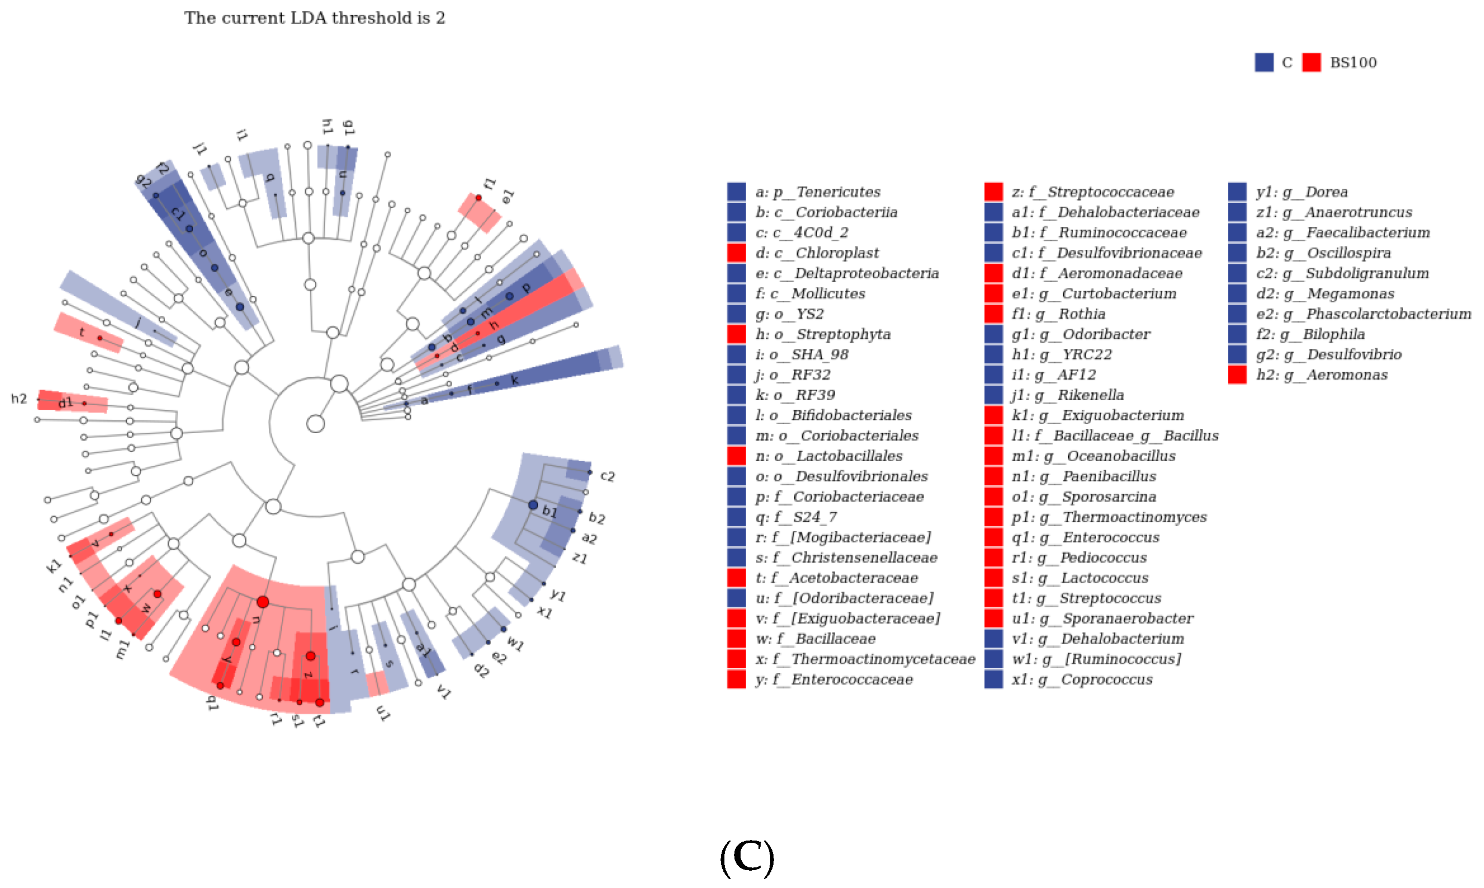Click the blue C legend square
point(1264,62)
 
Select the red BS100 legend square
point(1311,62)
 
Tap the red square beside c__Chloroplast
point(736,252)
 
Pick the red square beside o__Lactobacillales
point(736,456)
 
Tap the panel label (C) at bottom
point(747,857)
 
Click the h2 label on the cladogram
point(19,399)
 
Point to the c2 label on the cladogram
point(607,476)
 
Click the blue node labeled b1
point(533,505)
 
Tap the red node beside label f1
point(478,198)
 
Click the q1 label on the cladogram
point(212,703)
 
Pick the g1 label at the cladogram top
point(348,127)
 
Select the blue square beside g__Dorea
point(1237,192)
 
